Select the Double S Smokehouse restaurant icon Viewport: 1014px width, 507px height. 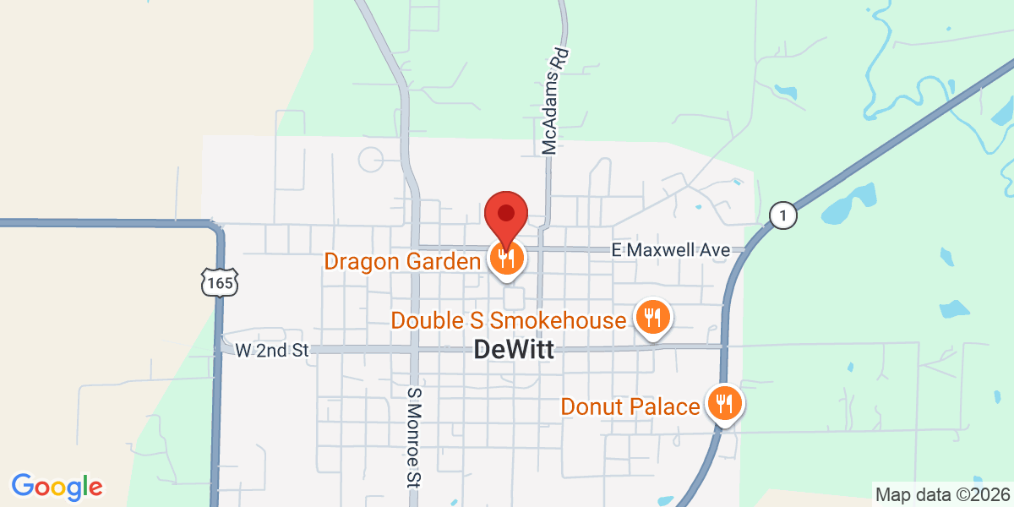[x=651, y=319]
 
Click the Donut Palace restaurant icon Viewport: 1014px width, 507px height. [x=723, y=405]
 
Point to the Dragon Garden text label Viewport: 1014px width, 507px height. [x=402, y=261]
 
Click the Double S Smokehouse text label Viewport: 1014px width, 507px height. [x=509, y=321]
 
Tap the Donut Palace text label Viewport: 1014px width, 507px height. [x=630, y=407]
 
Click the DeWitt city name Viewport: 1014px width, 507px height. [x=514, y=349]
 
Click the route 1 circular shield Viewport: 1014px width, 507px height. [x=783, y=215]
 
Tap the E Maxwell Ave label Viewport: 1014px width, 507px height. [x=670, y=250]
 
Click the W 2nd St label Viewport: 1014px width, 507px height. [x=273, y=349]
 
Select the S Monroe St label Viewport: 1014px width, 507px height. [x=413, y=437]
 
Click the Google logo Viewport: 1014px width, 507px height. [x=57, y=487]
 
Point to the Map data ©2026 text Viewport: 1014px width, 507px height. [x=941, y=494]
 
